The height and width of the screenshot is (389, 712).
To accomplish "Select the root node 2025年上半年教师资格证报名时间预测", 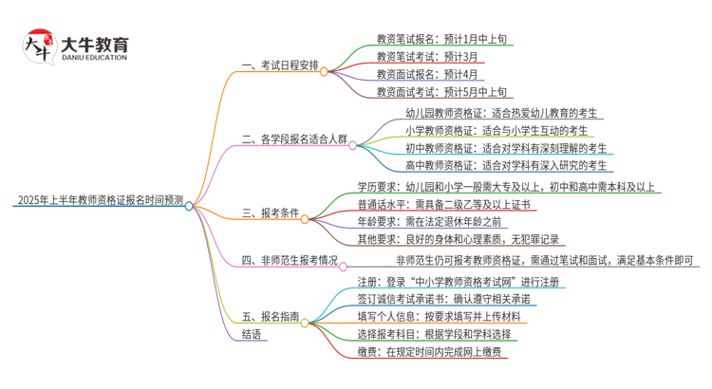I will pyautogui.click(x=99, y=203).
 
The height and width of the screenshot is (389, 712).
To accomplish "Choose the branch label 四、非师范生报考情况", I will pyautogui.click(x=290, y=259).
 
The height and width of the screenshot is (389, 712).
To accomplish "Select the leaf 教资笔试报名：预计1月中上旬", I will pyautogui.click(x=441, y=39).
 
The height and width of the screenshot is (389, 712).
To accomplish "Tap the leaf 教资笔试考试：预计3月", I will pyautogui.click(x=423, y=57).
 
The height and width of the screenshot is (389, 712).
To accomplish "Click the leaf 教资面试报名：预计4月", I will pyautogui.click(x=423, y=75).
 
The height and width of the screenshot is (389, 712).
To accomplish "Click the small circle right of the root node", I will pyautogui.click(x=189, y=205).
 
